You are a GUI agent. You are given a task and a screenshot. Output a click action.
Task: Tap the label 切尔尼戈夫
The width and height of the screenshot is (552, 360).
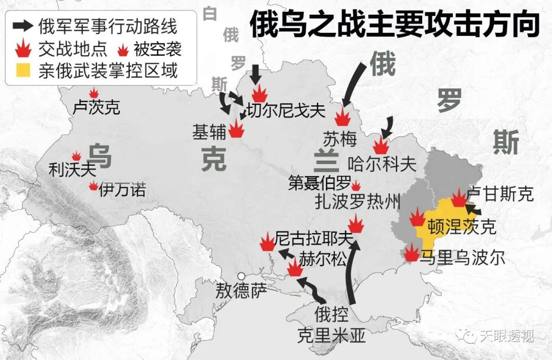[286, 110]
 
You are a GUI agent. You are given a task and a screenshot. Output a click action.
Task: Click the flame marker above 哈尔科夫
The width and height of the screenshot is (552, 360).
[381, 145]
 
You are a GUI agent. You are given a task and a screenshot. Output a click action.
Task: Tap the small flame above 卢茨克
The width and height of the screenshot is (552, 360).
[94, 93]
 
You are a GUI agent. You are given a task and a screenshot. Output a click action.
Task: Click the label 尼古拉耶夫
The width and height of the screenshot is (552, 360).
[314, 238]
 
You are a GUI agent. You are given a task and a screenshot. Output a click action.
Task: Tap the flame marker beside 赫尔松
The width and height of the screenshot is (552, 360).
[295, 267]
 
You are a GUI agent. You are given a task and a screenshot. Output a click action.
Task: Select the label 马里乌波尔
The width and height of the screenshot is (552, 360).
[462, 257]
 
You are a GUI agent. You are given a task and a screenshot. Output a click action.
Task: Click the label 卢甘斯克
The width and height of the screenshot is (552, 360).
[500, 194]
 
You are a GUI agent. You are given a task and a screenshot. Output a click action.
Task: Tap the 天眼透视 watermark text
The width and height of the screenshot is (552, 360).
[506, 335]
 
